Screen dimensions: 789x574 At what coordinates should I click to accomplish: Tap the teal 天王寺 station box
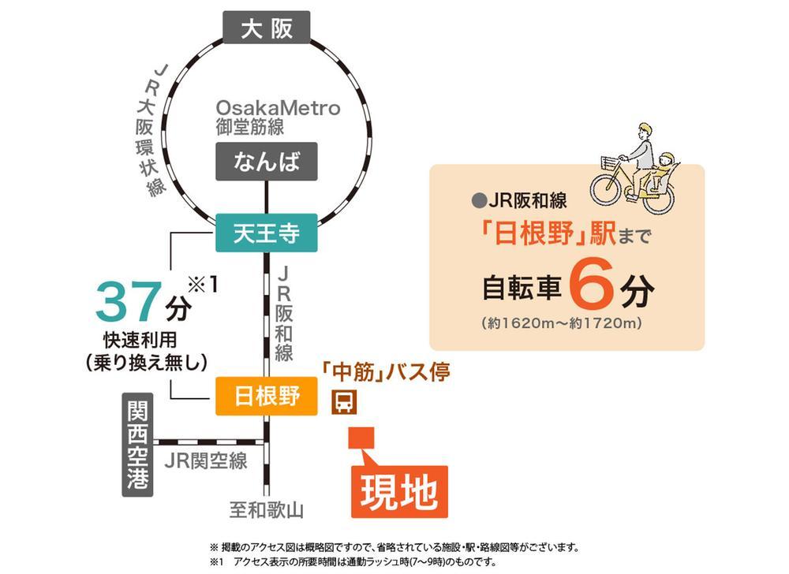(266, 233)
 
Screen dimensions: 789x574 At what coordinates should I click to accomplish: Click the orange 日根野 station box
(267, 396)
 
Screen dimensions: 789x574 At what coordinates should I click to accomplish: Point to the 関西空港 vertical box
(138, 444)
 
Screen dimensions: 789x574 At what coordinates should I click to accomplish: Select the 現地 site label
(398, 492)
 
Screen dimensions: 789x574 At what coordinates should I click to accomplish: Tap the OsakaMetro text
(278, 108)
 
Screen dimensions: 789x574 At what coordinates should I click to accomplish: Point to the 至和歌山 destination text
(266, 510)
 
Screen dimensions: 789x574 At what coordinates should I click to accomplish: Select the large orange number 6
(590, 289)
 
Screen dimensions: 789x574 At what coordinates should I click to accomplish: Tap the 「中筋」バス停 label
(386, 370)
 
